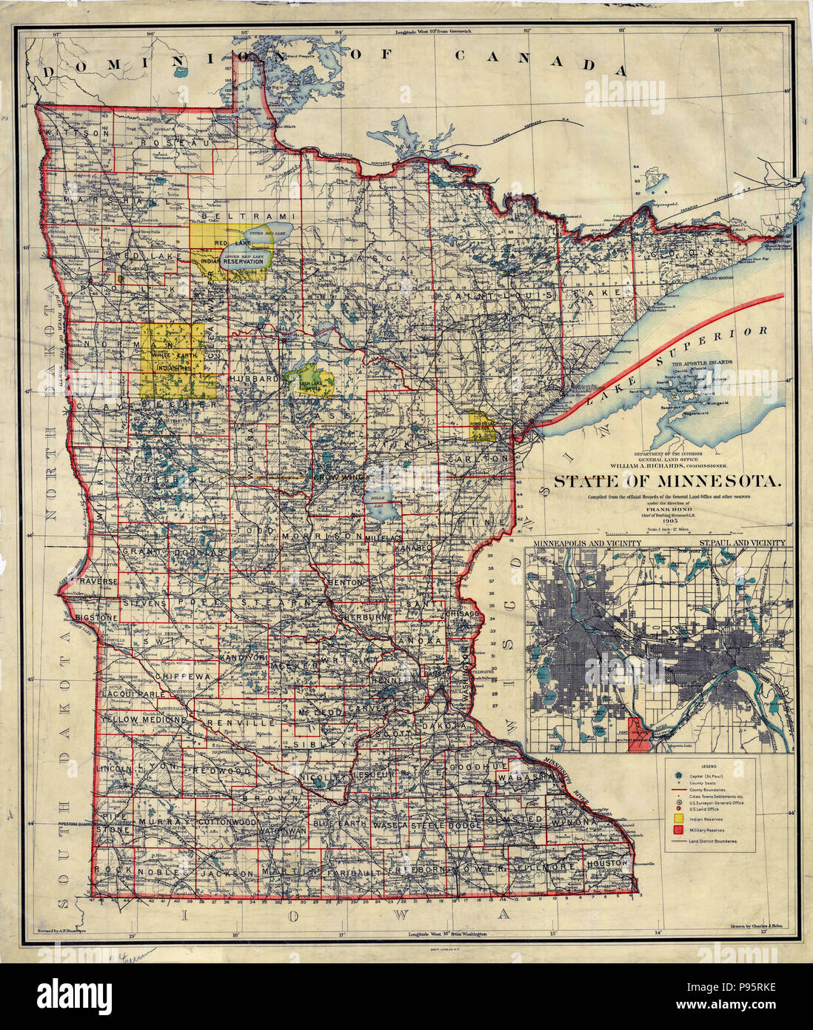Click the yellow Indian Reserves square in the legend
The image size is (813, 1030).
678,817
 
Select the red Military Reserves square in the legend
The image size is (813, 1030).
678,831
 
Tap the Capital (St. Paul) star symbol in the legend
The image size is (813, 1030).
678,774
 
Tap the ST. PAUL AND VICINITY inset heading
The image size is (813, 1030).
740,543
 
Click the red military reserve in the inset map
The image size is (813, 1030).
639,734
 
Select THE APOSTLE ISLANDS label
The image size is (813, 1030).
702,363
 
